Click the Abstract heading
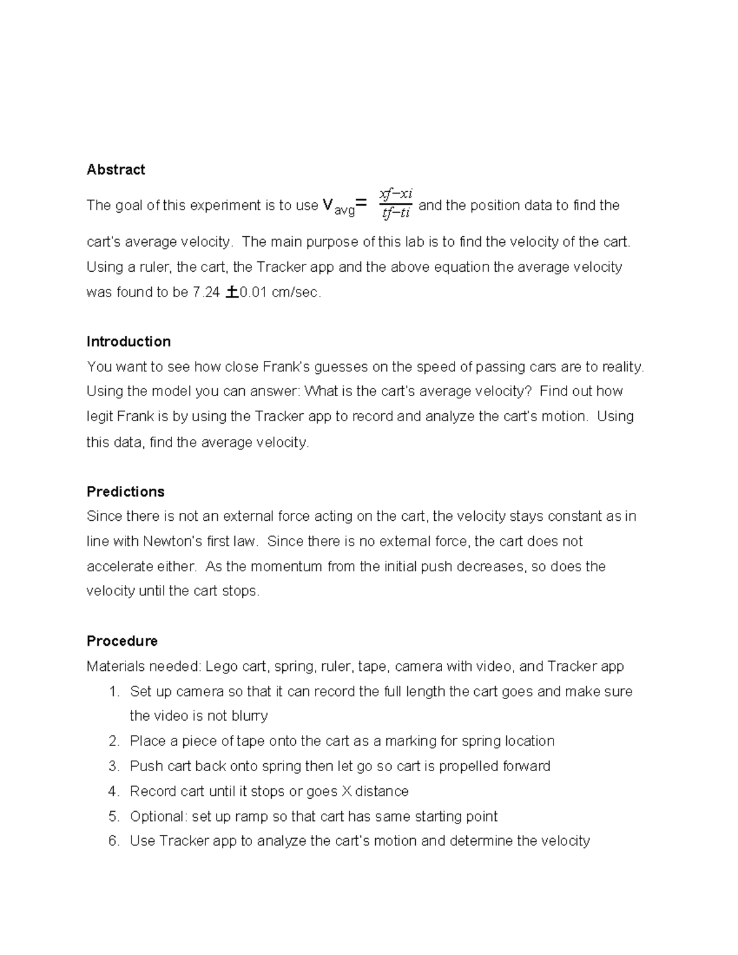(116, 170)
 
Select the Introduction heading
(129, 341)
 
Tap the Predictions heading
(125, 491)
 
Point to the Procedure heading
(122, 641)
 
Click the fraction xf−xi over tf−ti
(395, 204)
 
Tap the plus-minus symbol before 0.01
(232, 293)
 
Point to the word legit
(100, 416)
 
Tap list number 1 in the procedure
(113, 692)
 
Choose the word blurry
(250, 716)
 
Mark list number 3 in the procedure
(113, 766)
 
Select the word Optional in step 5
(157, 817)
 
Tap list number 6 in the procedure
(113, 841)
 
